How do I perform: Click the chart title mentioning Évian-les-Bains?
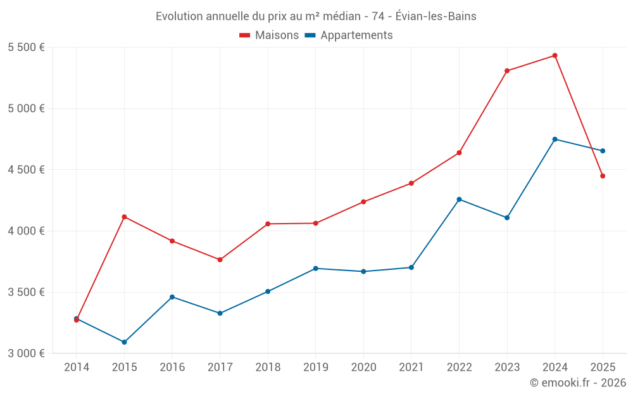(316, 16)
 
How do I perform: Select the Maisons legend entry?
(269, 35)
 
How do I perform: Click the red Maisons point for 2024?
(555, 56)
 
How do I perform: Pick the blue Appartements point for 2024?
(555, 139)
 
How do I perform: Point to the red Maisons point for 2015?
(124, 217)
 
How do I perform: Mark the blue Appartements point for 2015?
(124, 342)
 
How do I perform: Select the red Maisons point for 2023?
(507, 71)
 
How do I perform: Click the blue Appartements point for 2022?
(459, 200)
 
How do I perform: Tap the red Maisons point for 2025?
(603, 176)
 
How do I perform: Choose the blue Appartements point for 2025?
(603, 151)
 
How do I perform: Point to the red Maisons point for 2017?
(220, 260)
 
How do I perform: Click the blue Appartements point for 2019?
(315, 269)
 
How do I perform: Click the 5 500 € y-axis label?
(26, 48)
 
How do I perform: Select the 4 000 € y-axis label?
(26, 231)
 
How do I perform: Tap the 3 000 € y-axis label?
(26, 354)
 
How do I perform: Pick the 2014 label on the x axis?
(77, 367)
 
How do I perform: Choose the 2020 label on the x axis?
(363, 367)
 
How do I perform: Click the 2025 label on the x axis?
(603, 367)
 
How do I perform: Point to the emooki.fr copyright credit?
(577, 383)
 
